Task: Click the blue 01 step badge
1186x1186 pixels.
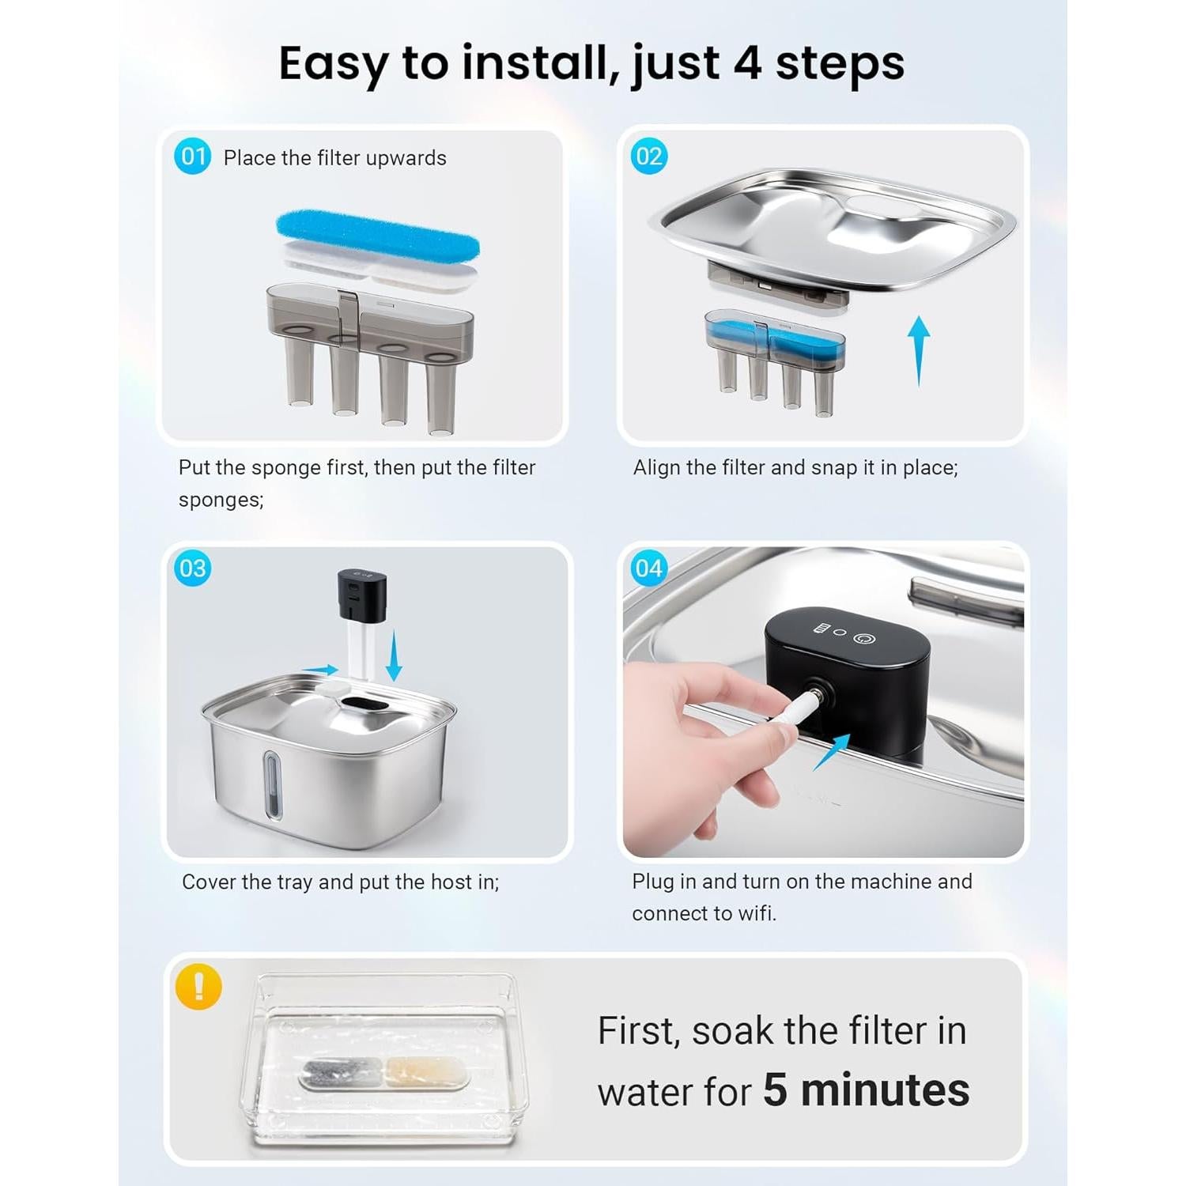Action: tap(193, 156)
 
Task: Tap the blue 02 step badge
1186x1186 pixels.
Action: tap(649, 156)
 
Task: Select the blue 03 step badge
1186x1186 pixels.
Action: tap(193, 568)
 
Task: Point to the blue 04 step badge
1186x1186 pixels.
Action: tap(649, 568)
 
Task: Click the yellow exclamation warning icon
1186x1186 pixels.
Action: tap(198, 987)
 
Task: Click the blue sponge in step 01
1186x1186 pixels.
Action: tap(378, 236)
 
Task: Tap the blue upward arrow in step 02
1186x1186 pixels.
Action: tap(918, 350)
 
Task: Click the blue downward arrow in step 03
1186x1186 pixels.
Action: tap(394, 655)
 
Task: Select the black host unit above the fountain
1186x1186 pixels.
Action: tap(362, 594)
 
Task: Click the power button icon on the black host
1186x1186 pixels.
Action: tap(863, 636)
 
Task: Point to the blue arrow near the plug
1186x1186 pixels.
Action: tap(832, 752)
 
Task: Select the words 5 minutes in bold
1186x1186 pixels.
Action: tap(867, 1090)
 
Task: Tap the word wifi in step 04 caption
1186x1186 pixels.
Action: tap(757, 913)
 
